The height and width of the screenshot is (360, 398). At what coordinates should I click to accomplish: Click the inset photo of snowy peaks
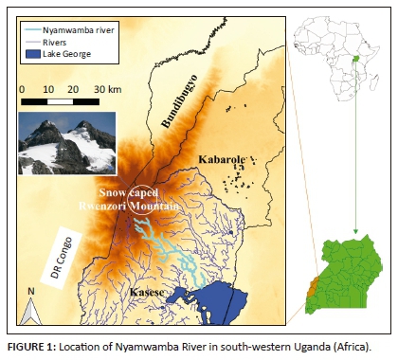[x=65, y=142]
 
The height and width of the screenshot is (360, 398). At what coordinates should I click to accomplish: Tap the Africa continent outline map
[x=332, y=57]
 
